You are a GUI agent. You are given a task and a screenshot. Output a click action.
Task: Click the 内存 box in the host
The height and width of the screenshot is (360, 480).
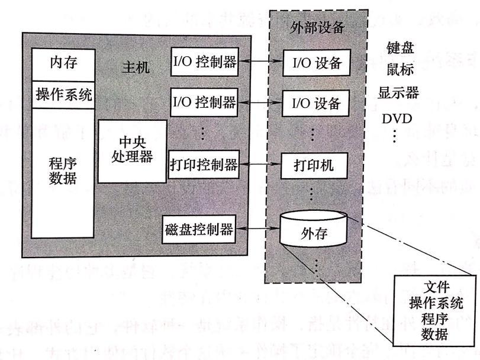[63, 62]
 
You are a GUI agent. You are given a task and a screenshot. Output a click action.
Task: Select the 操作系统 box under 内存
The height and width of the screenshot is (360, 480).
[63, 94]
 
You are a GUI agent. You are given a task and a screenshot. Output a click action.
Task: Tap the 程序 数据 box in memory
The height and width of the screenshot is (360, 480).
[63, 171]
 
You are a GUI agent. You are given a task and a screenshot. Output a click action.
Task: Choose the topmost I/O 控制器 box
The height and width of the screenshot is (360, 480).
[203, 62]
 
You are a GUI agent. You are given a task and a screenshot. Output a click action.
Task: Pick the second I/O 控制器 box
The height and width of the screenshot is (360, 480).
[203, 102]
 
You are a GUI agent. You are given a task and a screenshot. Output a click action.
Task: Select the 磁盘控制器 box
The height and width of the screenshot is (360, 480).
[199, 227]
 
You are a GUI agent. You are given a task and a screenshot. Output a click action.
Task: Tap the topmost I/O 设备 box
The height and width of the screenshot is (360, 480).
[313, 62]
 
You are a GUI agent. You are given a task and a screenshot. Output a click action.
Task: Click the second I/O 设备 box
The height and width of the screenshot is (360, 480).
[313, 102]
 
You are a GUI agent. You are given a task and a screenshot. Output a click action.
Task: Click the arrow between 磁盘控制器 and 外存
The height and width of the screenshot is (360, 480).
[258, 227]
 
